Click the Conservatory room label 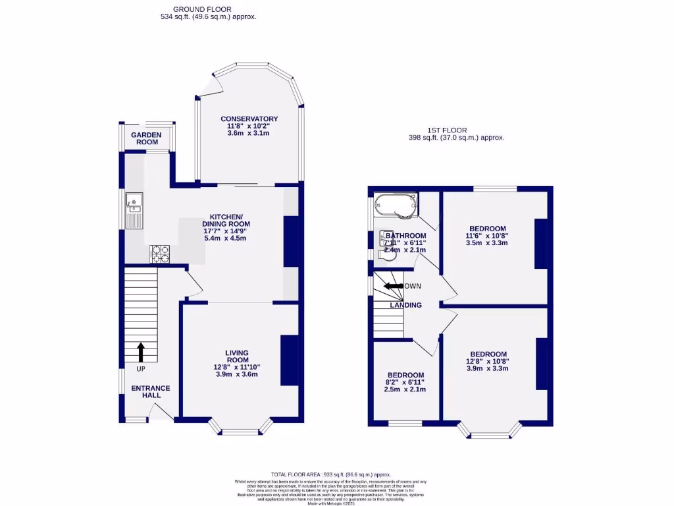coord(249,119)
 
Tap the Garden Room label coord(145,138)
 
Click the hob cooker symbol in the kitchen coord(160,253)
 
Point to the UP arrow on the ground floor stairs coord(141,352)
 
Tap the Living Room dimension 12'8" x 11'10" coord(236,367)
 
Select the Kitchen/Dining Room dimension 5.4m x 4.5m coord(226,238)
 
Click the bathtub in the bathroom coord(396,205)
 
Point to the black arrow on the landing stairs coord(394,286)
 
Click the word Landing coord(405,305)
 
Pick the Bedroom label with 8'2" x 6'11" coord(405,375)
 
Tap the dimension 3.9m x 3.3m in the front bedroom coord(488,368)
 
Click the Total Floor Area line coord(331,474)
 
